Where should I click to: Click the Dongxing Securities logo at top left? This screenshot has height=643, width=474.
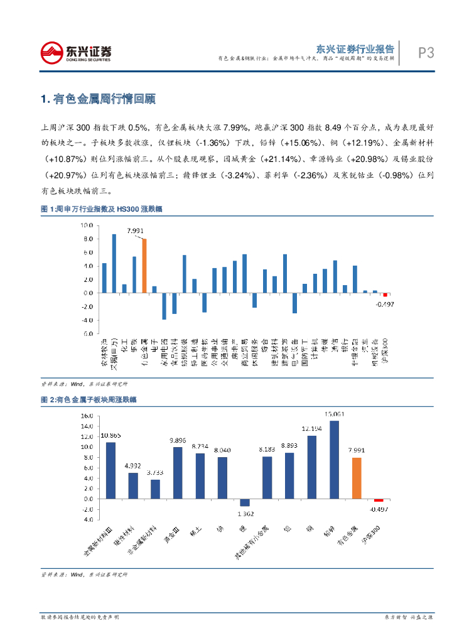pos(75,52)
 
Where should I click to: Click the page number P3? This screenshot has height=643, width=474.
pos(426,53)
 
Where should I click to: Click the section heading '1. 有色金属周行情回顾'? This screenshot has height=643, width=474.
pos(97,99)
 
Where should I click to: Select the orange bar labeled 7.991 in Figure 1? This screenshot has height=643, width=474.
pos(144,266)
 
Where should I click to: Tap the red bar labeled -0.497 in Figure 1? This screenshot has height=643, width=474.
pos(385,294)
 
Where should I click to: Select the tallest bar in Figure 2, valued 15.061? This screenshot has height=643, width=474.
pos(334,460)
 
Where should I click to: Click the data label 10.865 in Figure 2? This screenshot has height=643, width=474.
pos(110,435)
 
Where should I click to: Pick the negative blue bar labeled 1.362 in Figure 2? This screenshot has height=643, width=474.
pos(244,502)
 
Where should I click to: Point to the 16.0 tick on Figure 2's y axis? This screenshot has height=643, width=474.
pos(85,416)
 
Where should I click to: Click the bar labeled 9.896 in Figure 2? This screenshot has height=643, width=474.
pos(178,473)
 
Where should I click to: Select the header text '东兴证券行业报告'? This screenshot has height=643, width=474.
pos(355,48)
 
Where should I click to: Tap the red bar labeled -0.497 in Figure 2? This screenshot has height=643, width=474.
pos(379,500)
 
